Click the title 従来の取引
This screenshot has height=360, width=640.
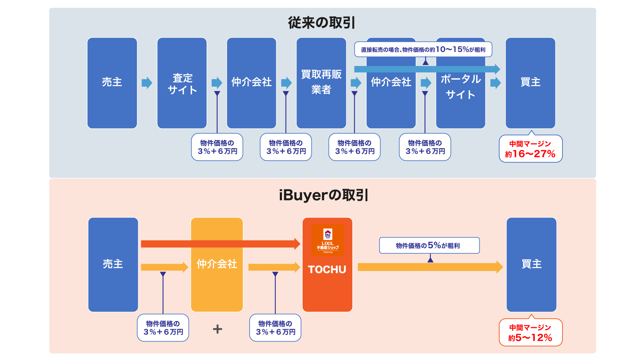tap(321, 23)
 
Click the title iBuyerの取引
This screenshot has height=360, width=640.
tap(323, 195)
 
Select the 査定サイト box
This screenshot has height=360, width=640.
tap(182, 83)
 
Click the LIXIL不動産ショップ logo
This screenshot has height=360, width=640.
tap(328, 240)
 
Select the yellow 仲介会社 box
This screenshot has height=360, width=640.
tap(217, 284)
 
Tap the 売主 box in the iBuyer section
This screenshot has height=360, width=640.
tap(113, 264)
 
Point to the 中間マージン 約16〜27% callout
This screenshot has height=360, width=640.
tap(530, 149)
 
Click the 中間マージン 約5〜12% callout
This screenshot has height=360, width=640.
tap(530, 333)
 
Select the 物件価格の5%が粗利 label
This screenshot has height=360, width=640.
tap(429, 245)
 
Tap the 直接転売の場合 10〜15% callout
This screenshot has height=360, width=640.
tap(423, 49)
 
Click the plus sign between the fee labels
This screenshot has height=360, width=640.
tap(217, 329)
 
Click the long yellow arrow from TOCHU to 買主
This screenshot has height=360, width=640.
tap(430, 267)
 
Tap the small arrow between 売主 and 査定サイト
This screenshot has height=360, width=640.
tap(147, 83)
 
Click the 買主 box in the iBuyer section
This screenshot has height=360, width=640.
tap(531, 264)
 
